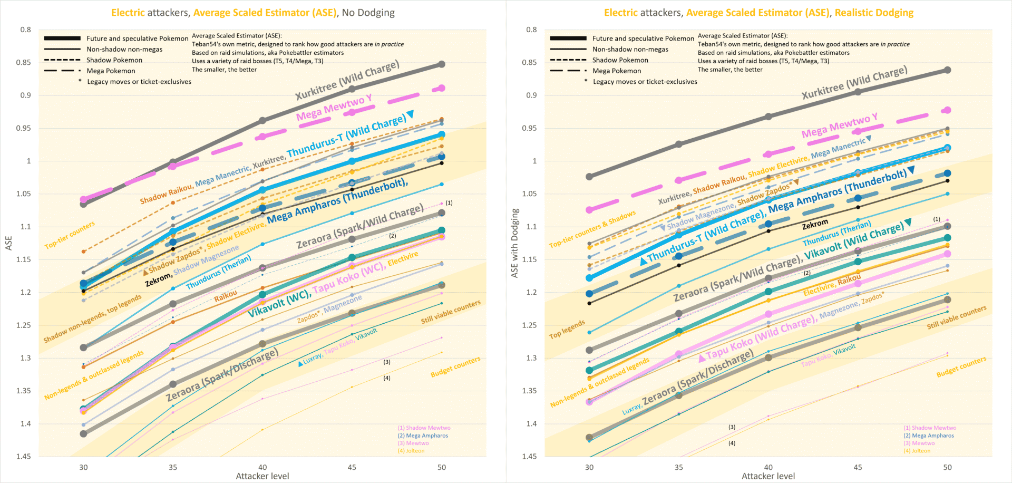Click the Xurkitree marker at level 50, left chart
coord(442,64)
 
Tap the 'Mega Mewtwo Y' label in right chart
coord(839,125)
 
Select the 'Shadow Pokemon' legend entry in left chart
coord(114,60)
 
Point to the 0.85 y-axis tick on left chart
coord(24,62)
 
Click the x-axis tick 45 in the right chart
coord(858,467)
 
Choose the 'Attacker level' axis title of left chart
coord(262,476)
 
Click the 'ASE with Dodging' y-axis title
coord(515,243)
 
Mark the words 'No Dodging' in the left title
coord(368,13)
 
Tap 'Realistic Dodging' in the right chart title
coord(874,13)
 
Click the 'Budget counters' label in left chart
coord(455,366)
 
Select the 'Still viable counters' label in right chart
coord(957,317)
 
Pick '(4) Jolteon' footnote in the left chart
coord(411,451)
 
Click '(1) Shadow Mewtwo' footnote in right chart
coord(930,428)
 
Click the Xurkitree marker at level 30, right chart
coord(589,177)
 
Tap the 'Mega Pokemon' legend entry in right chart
coord(617,71)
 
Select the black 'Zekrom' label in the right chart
coord(815,225)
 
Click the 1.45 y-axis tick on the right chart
coord(529,457)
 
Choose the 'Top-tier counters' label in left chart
coord(70,235)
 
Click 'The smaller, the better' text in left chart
coord(224,70)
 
